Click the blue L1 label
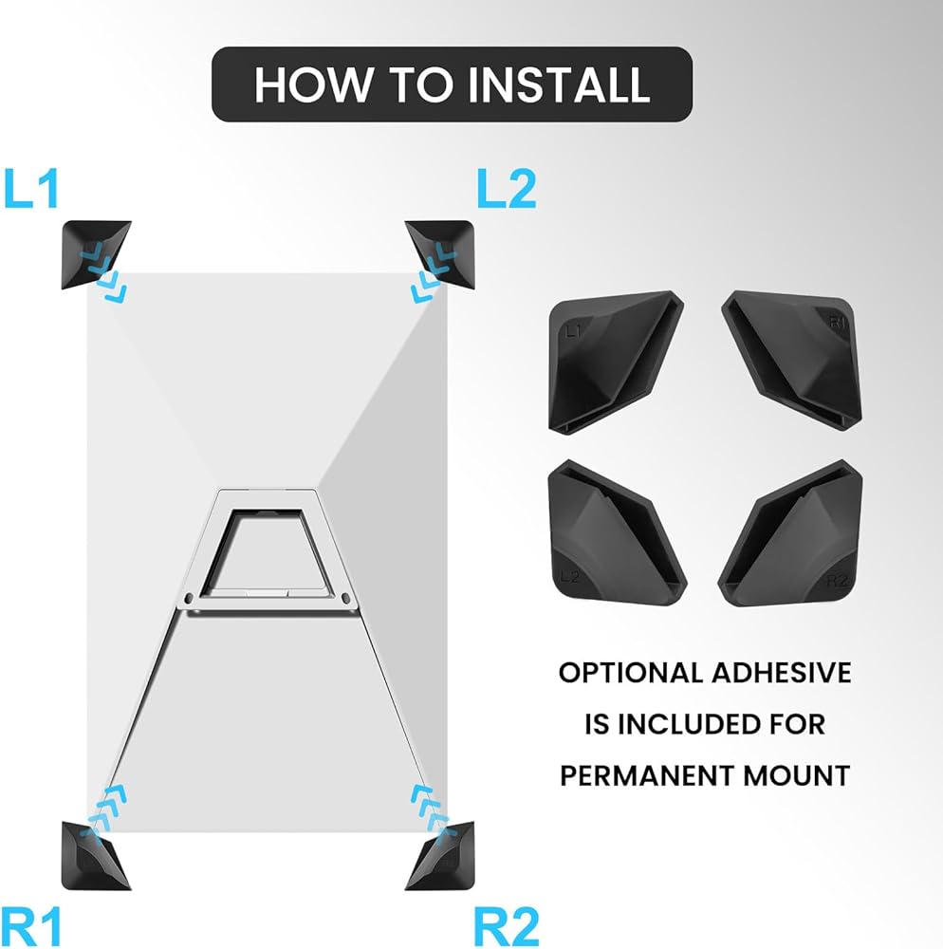(31, 189)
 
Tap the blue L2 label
(507, 189)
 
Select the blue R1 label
(31, 926)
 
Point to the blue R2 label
(507, 926)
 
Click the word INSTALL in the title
(560, 84)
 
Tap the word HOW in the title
(314, 84)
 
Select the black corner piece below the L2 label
(441, 253)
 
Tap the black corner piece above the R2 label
(441, 855)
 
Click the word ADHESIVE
(782, 673)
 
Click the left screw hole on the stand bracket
(189, 599)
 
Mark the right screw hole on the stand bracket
(345, 599)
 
